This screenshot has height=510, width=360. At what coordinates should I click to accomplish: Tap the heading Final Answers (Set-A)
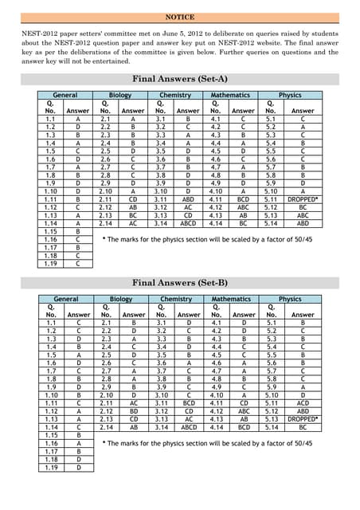click(179, 80)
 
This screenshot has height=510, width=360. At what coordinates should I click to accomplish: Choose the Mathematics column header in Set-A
click(230, 95)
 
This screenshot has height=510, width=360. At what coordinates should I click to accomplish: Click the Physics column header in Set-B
click(290, 299)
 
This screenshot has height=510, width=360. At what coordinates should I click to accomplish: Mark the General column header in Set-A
click(65, 95)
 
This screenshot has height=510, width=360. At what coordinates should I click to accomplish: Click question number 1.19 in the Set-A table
click(51, 264)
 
